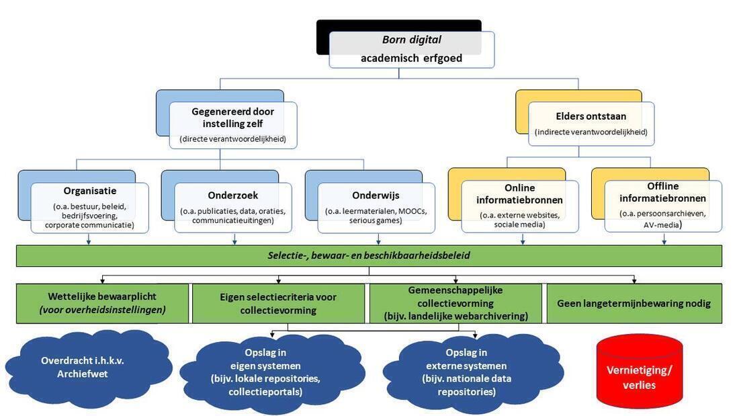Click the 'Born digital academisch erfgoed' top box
411,49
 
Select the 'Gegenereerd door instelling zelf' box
232,124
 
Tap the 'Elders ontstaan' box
591,124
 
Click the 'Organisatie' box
89,207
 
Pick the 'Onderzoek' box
233,207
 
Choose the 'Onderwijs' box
376,207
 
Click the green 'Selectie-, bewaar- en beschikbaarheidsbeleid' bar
369,255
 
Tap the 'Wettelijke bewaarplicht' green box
102,303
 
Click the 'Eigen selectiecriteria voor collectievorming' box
278,303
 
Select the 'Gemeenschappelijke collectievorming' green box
455,303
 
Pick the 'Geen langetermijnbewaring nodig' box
634,303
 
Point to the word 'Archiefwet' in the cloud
83,374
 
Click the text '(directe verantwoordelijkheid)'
232,139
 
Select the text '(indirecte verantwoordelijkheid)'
591,132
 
